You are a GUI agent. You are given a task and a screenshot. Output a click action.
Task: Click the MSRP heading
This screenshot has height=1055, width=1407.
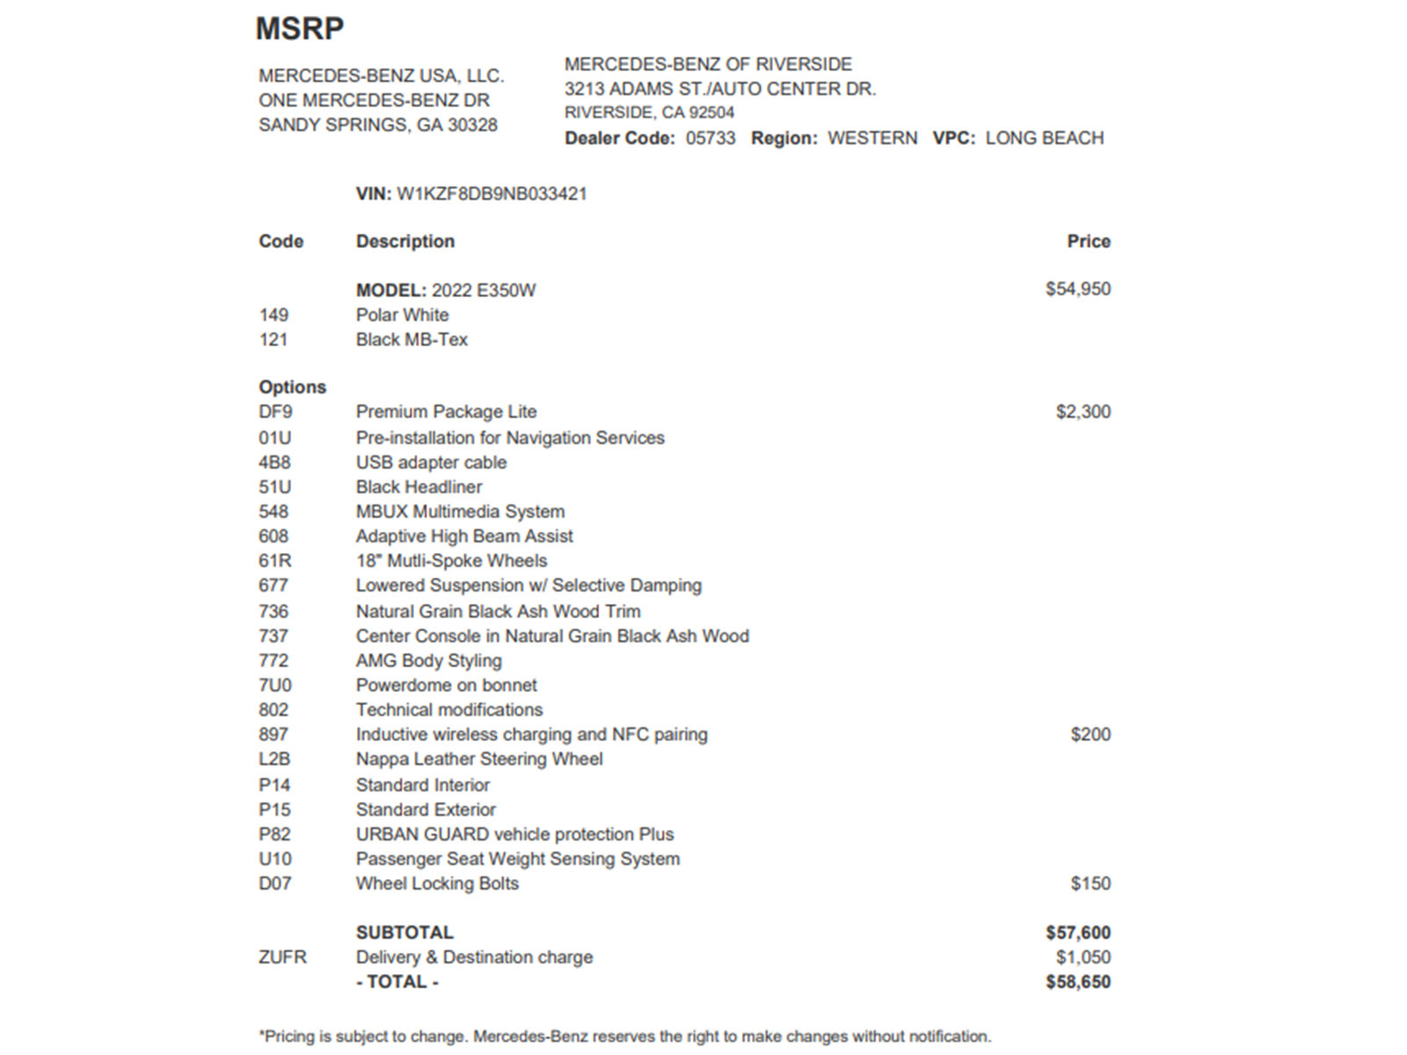point(299,29)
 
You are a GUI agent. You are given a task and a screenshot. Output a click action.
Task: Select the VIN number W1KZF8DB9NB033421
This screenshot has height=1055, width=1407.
point(492,194)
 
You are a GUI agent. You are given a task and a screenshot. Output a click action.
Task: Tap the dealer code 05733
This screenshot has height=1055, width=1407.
point(710,138)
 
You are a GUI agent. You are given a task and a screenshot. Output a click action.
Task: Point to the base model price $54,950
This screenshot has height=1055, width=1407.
point(1077,289)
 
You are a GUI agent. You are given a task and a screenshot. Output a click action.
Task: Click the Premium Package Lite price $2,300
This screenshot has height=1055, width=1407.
point(1083,411)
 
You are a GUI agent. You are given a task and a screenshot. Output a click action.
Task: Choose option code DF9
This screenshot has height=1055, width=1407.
point(275,411)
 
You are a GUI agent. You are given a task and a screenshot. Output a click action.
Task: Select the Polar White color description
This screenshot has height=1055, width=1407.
point(402,315)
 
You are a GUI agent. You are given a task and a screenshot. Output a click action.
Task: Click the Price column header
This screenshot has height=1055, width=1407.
point(1088,242)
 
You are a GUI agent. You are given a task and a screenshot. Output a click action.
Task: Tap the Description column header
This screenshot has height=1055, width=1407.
point(405,242)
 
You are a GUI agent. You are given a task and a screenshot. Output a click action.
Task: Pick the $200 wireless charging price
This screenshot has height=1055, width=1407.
point(1090,734)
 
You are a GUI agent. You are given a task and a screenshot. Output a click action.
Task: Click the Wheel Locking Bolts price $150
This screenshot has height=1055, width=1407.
point(1090,884)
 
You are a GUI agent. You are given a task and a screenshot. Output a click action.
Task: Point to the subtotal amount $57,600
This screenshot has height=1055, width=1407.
point(1077,933)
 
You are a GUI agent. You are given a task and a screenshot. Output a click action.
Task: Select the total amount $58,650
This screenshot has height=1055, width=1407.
point(1077,982)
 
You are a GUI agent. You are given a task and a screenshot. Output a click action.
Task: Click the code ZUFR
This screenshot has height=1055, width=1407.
point(282,957)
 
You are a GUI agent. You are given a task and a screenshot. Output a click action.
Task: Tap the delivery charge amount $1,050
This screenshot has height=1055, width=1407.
point(1083,957)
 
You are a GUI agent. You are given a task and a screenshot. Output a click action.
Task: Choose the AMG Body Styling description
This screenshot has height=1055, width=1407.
point(428,660)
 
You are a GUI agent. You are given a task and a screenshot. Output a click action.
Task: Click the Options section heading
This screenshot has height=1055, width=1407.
point(292,387)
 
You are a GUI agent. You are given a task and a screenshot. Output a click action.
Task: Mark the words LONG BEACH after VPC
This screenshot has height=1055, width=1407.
point(1044,138)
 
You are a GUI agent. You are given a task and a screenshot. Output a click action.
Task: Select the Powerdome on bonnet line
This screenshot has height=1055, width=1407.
point(446,685)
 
